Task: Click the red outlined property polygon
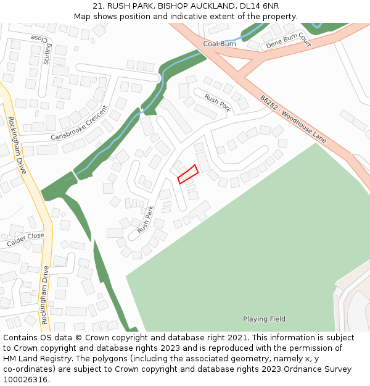pyautogui.click(x=187, y=174)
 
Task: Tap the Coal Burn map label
pyautogui.click(x=220, y=44)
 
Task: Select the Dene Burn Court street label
pyautogui.click(x=286, y=41)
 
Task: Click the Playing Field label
pyautogui.click(x=264, y=319)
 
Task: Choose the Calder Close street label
pyautogui.click(x=25, y=240)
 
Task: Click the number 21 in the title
pyautogui.click(x=97, y=6)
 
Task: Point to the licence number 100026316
pyautogui.click(x=27, y=380)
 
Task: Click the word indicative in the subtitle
pyautogui.click(x=187, y=17)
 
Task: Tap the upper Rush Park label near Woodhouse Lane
pyautogui.click(x=218, y=103)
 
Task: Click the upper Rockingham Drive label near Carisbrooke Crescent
pyautogui.click(x=16, y=145)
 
